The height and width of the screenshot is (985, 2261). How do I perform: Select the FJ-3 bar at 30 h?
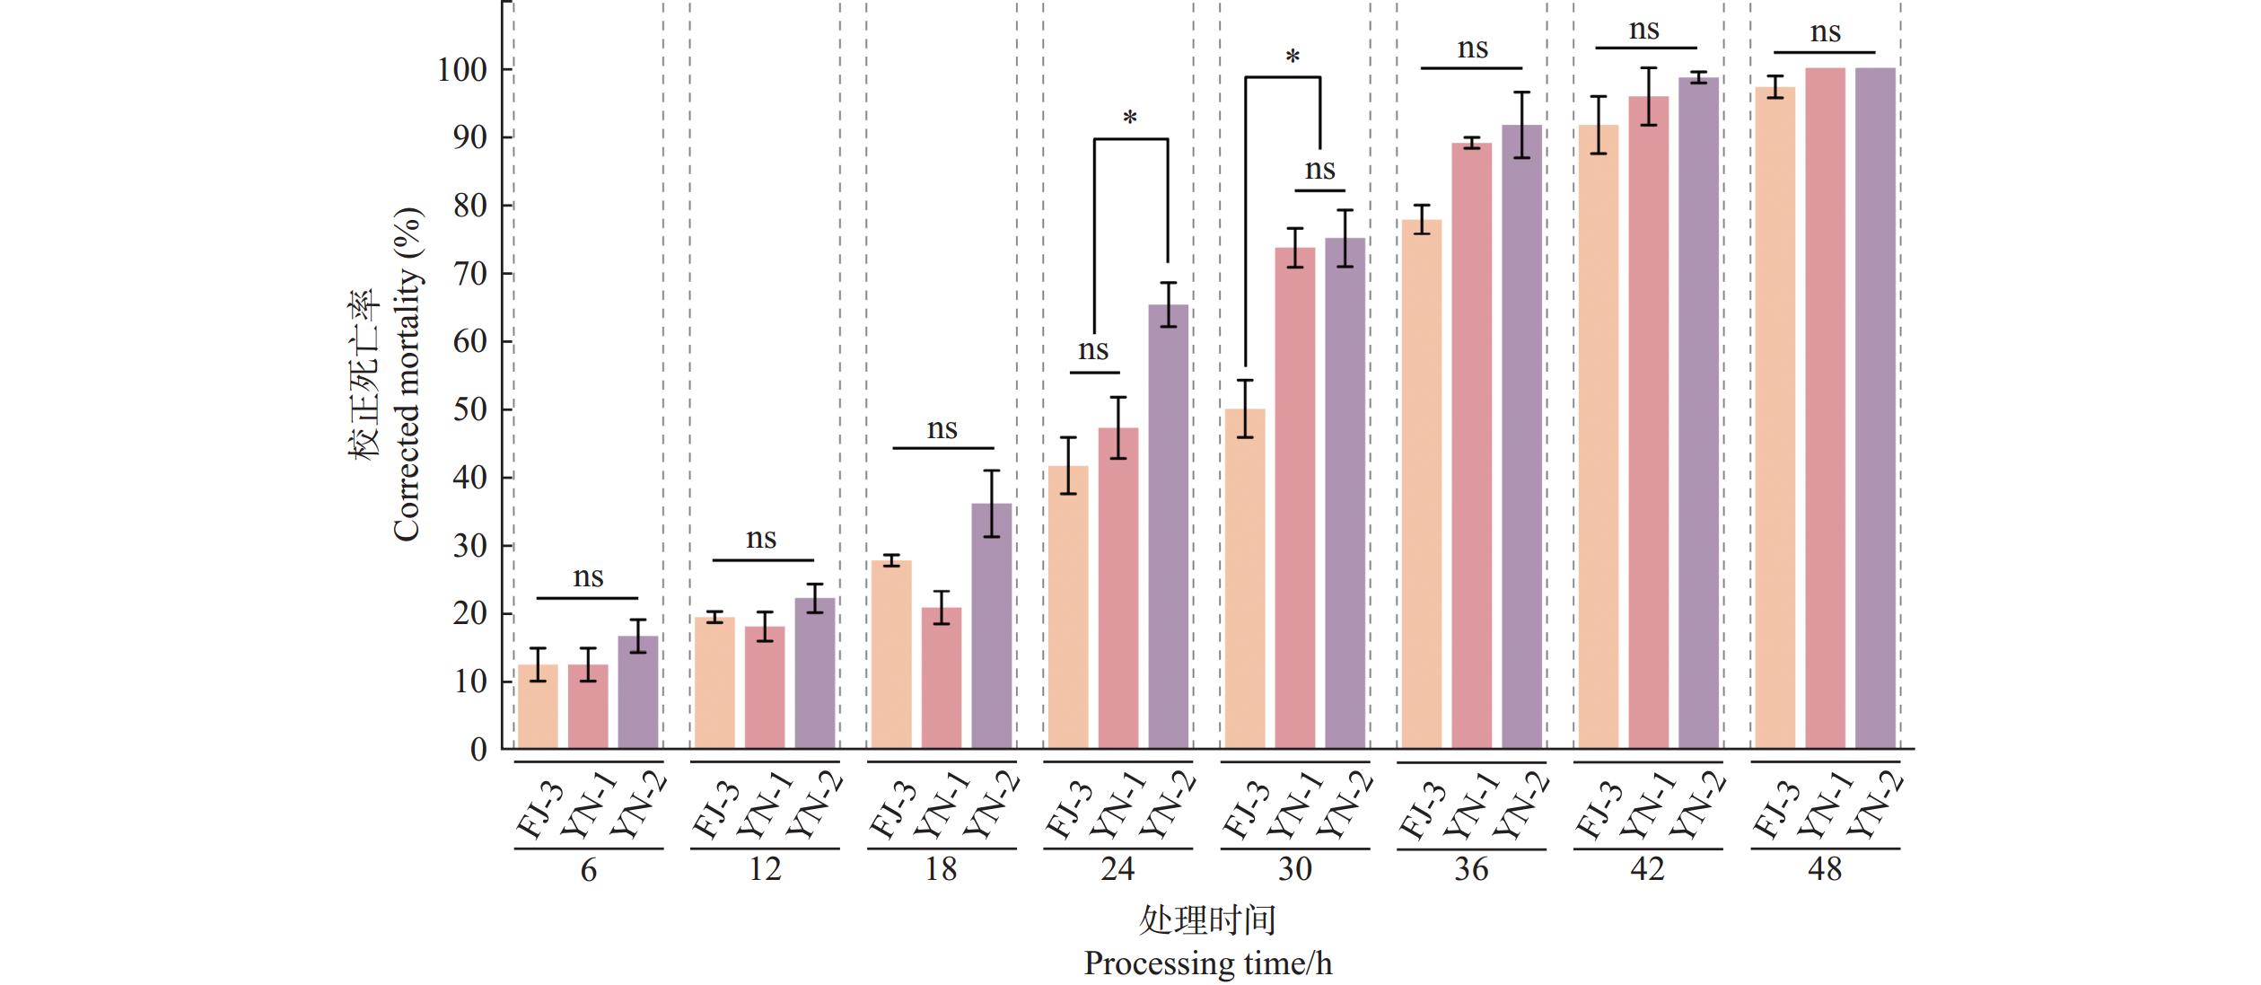click(1245, 578)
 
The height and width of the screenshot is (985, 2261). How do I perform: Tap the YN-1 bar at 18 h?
click(941, 678)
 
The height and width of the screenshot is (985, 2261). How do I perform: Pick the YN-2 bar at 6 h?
click(638, 692)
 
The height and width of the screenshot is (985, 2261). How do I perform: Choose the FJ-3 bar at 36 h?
click(1421, 484)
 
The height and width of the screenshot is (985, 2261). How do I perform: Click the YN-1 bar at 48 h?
click(1825, 409)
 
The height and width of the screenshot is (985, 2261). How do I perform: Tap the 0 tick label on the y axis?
click(478, 750)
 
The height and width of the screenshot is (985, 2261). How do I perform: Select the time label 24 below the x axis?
click(1117, 869)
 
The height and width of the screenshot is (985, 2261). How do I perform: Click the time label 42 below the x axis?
click(1647, 869)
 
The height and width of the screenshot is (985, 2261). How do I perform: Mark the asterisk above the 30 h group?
click(1293, 58)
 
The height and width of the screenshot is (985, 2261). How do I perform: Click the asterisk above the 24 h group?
click(1130, 119)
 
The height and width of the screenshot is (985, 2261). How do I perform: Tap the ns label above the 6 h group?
click(588, 577)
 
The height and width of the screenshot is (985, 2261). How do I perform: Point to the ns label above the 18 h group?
click(942, 429)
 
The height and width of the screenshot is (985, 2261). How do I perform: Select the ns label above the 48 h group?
click(1825, 33)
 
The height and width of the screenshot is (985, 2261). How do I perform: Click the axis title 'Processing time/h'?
click(1207, 963)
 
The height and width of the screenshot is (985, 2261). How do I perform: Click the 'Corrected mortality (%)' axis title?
click(406, 374)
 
